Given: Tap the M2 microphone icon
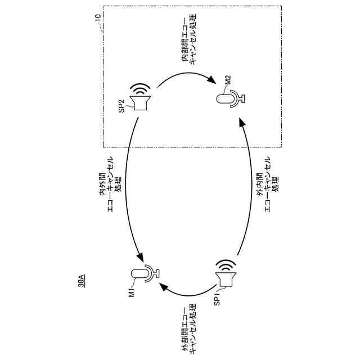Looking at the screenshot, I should [231, 99].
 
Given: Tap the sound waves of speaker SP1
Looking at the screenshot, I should [226, 264].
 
